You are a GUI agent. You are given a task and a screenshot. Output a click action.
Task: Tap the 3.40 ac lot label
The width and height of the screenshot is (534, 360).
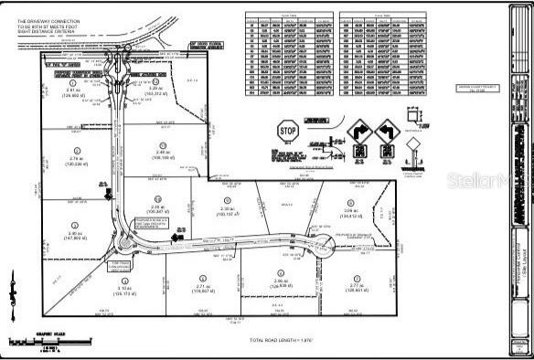tap(75, 235)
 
